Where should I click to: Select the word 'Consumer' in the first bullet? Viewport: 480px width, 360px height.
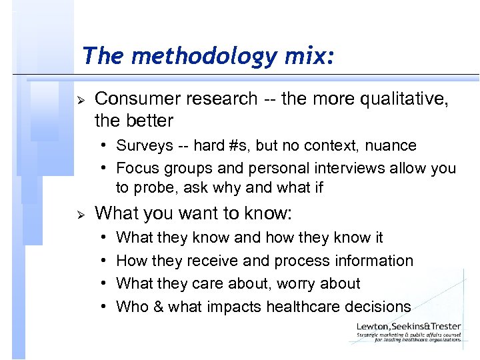(137, 99)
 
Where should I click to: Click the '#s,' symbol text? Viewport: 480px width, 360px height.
(244, 145)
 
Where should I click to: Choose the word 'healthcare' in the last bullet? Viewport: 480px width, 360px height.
(301, 307)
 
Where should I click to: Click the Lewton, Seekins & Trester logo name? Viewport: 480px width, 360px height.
(408, 326)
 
